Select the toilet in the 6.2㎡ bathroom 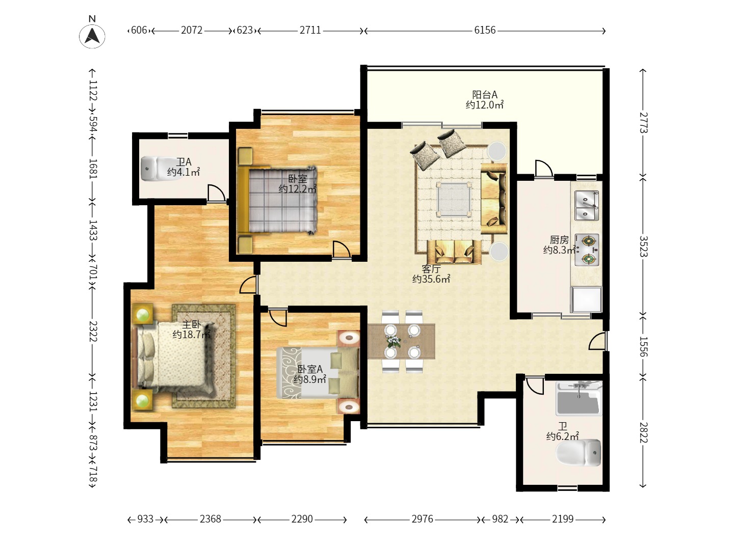[578, 453]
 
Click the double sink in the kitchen [587, 205]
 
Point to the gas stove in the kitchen [587, 250]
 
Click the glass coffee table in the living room [454, 199]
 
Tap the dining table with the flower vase [401, 341]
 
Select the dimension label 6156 [485, 31]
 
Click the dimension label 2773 [643, 123]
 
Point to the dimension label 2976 [422, 519]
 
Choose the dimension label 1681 [93, 169]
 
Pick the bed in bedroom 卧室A [318, 373]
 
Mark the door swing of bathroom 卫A [216, 193]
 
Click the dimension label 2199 [562, 519]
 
